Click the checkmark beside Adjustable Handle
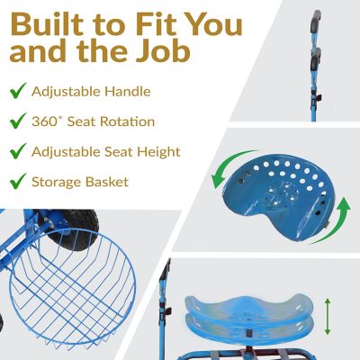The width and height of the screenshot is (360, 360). coord(18,91)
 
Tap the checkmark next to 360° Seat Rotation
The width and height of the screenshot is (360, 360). coord(18,121)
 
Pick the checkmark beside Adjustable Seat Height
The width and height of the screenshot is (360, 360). coord(18,151)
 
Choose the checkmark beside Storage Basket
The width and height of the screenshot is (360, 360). coord(18,181)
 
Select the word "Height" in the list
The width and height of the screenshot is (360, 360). coord(158,152)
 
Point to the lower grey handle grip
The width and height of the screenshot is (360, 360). coord(315,59)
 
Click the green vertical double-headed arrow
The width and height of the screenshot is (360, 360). coord(328,316)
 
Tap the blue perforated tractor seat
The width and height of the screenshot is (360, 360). coord(277,196)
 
